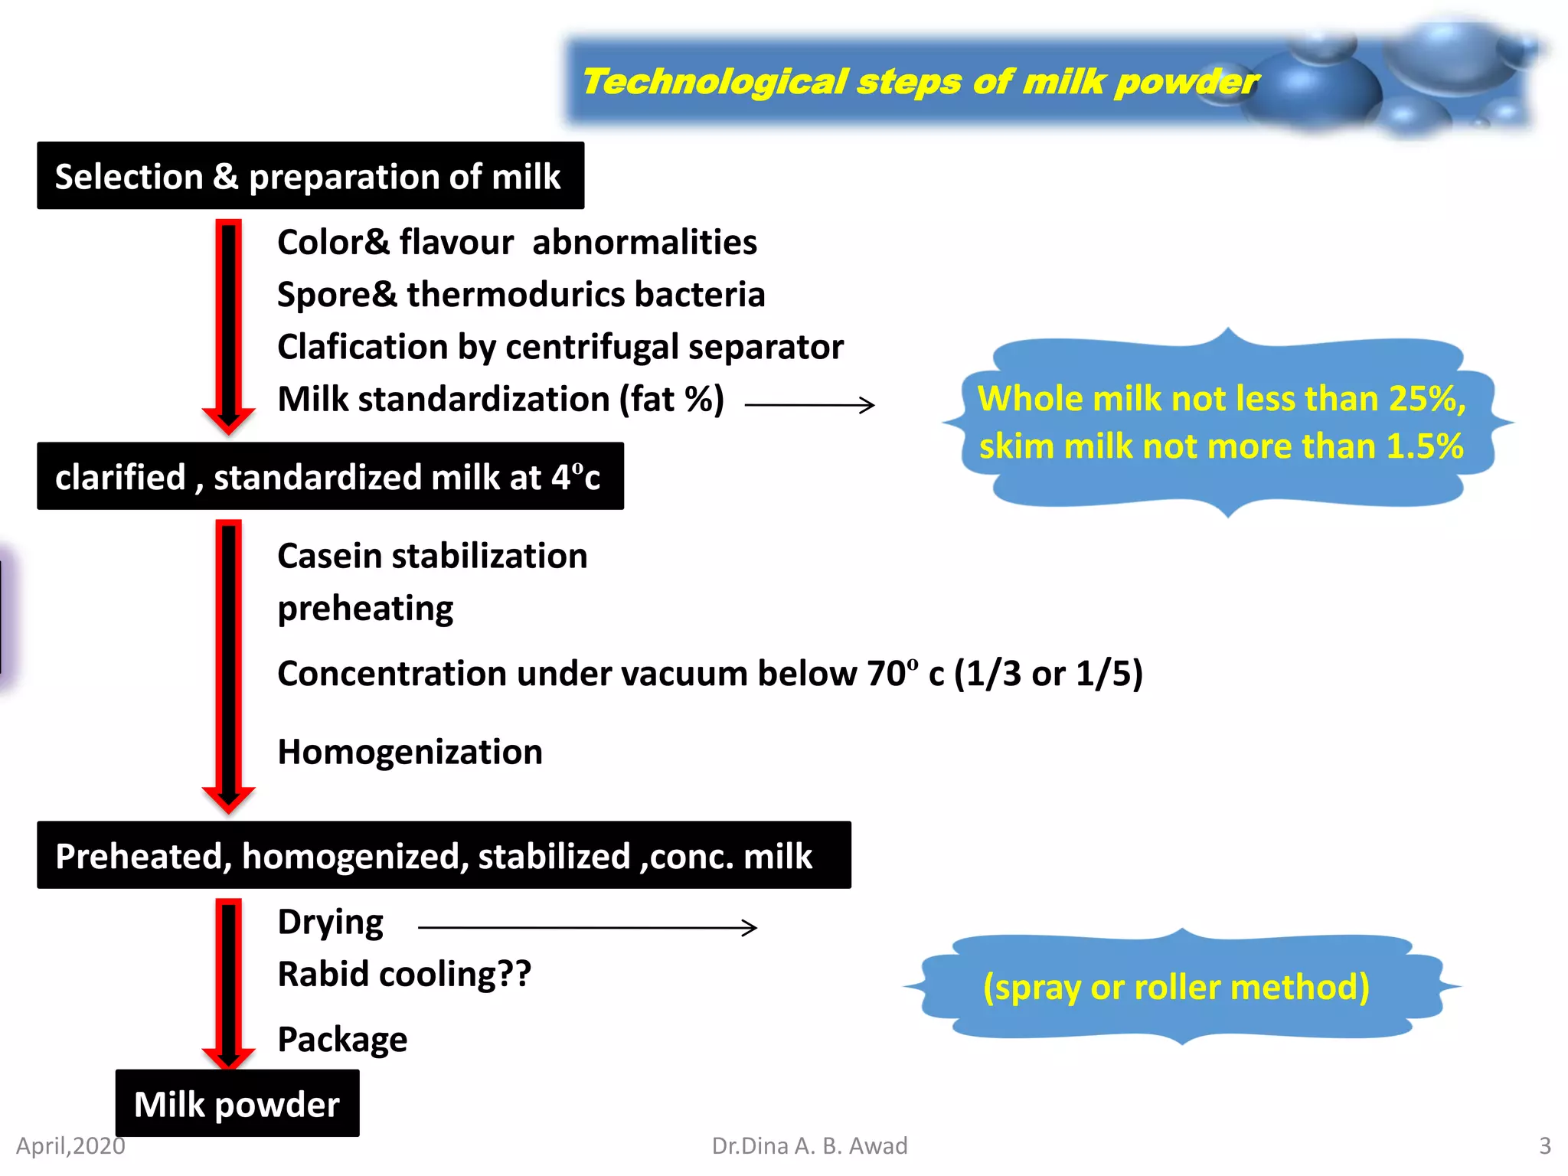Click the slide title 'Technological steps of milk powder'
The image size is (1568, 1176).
[919, 82]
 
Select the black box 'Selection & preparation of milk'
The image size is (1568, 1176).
[310, 176]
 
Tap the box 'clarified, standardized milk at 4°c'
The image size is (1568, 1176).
[330, 476]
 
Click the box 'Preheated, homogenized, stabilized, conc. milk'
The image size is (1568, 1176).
[443, 855]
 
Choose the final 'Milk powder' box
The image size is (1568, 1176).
[237, 1104]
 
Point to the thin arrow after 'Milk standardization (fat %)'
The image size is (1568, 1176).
[809, 404]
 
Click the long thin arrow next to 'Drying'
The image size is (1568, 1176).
[587, 927]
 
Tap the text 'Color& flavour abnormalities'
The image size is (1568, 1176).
[517, 243]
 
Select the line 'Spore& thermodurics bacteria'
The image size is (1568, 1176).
[521, 295]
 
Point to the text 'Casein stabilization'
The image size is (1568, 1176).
[432, 556]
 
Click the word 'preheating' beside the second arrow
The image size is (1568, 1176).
[365, 609]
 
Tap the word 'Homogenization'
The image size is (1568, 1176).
[410, 752]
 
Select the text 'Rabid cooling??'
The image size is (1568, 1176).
[403, 975]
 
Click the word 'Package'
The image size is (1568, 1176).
[342, 1040]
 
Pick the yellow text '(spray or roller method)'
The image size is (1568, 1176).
[1176, 987]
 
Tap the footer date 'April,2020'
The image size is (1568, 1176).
[70, 1145]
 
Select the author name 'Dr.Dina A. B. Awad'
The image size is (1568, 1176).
[809, 1145]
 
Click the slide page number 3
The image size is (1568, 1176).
[1544, 1145]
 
